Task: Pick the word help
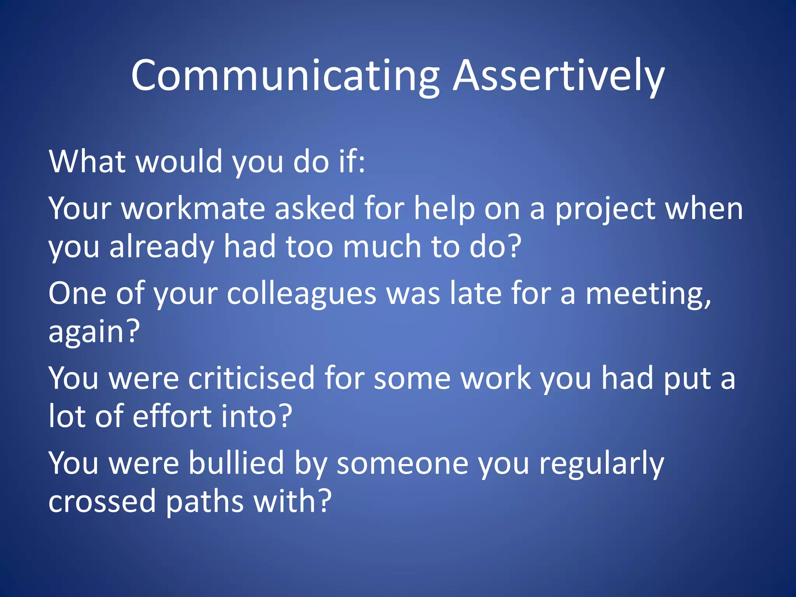click(444, 209)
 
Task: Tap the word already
click(162, 247)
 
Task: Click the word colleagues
click(302, 293)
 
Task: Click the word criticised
click(251, 378)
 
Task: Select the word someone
click(402, 463)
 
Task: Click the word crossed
click(102, 501)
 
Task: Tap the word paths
click(205, 501)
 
